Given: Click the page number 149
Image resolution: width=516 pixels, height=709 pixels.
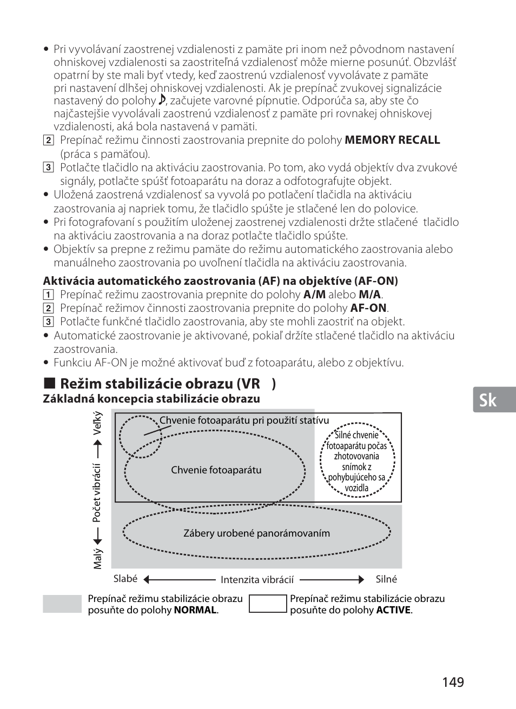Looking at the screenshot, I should coord(453,682).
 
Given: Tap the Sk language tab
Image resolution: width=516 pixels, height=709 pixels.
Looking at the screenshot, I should coord(488,400).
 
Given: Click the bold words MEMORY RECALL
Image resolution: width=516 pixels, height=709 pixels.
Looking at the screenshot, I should coord(392,140).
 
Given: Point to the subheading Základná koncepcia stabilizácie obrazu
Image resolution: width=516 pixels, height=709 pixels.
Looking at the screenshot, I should coord(151,399).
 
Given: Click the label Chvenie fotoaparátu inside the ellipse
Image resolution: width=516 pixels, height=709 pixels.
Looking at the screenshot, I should coord(216,470).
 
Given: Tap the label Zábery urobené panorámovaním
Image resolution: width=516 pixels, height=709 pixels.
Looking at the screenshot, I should coord(256,533).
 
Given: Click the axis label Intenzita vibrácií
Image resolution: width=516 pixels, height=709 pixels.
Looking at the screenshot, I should coord(257,580).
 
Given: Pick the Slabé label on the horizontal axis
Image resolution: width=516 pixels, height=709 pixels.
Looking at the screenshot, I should coord(125,579).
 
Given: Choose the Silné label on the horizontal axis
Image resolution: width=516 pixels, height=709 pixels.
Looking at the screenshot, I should coord(386,579).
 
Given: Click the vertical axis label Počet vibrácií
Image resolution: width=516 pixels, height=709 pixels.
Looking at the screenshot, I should coord(97,493).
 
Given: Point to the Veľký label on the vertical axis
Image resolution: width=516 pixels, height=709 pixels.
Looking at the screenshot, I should coord(97,423).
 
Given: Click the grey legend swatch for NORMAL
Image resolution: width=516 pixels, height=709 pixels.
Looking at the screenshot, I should coord(62,604).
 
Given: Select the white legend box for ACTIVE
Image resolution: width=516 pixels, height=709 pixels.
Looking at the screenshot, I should coord(268,604).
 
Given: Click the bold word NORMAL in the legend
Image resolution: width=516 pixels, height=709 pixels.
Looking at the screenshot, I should coord(195,610).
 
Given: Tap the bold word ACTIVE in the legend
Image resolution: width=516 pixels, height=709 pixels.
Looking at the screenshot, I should coord(393,610).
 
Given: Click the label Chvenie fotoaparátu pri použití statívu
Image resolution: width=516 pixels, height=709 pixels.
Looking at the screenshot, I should coord(244,420).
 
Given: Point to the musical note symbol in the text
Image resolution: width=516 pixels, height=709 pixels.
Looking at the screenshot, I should coord(162,100).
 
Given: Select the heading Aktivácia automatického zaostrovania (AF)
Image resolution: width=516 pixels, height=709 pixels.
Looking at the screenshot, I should coord(220,280).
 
